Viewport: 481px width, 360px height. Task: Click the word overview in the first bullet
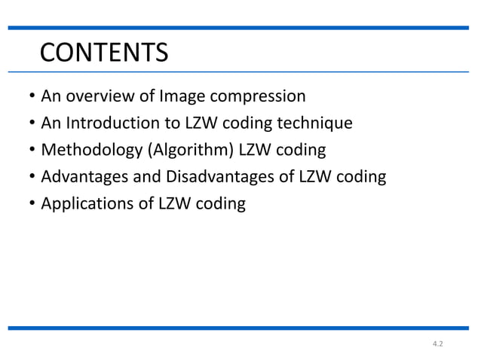tap(97, 96)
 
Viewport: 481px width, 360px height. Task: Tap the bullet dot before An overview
tap(31, 97)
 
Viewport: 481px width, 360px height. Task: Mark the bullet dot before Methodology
tap(31, 151)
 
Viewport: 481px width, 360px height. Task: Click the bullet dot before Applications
tap(31, 204)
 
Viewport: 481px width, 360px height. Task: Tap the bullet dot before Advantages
tap(31, 178)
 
